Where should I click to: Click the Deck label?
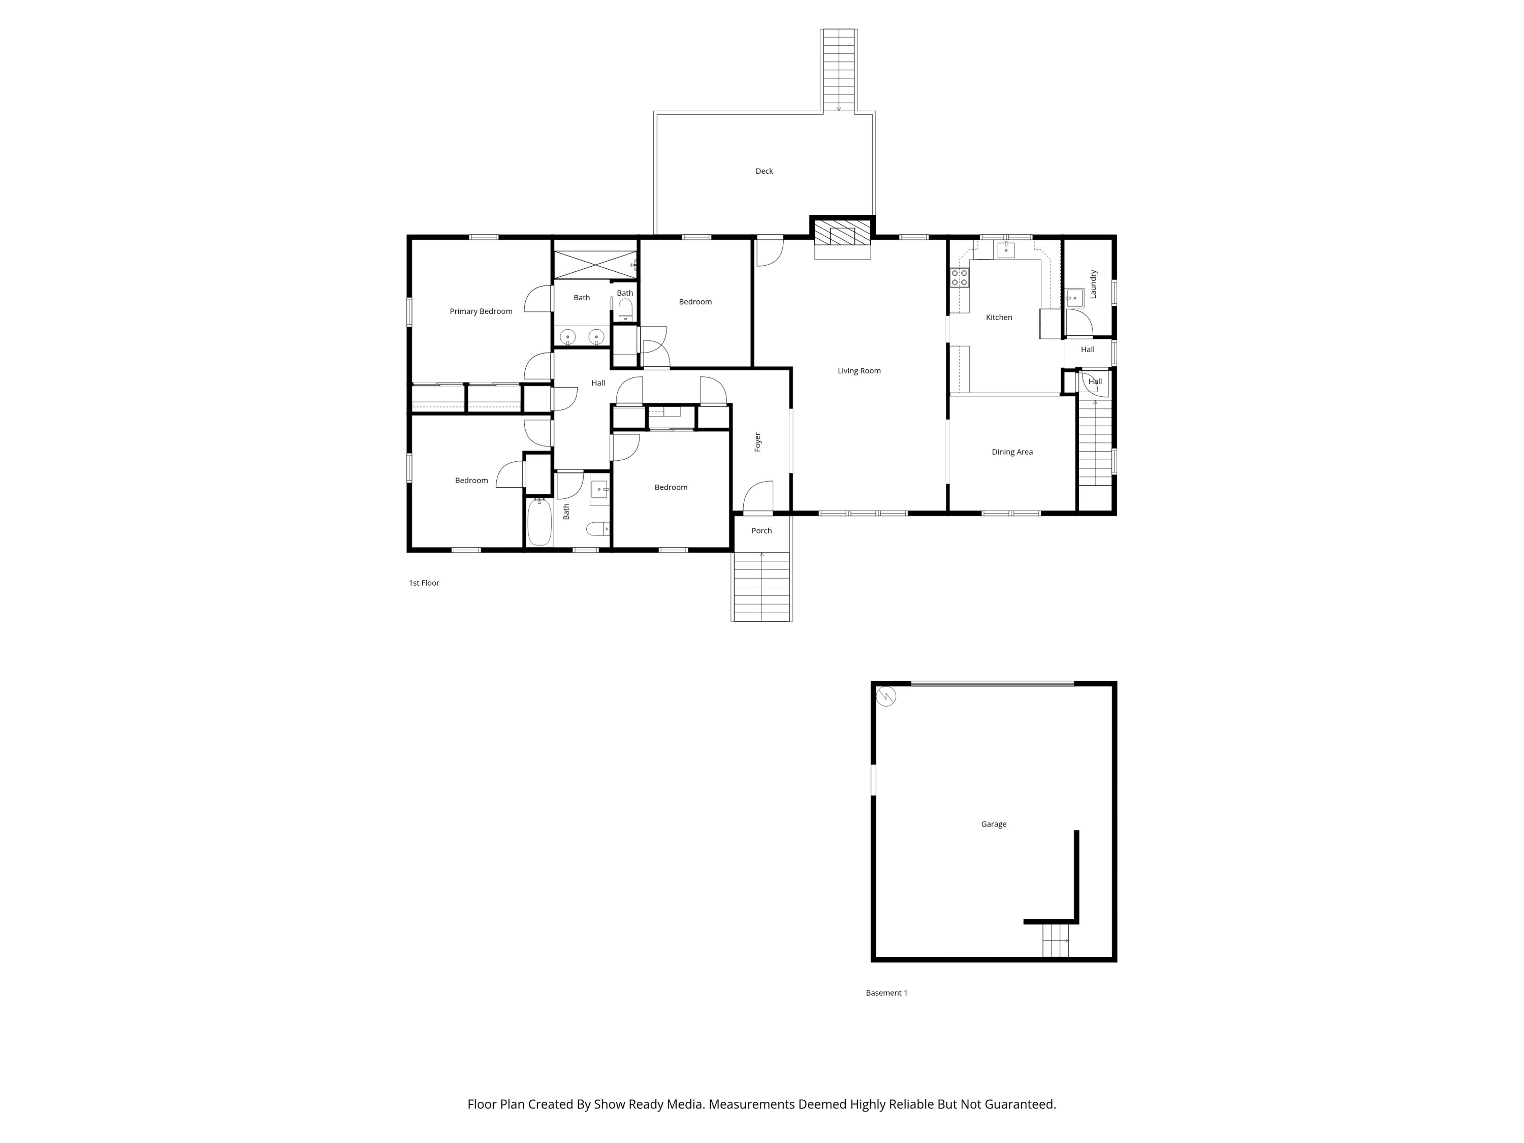[764, 171]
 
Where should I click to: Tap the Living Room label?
[859, 371]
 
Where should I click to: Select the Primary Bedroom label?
[481, 311]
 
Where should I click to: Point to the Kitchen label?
[999, 317]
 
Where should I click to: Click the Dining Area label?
[1012, 452]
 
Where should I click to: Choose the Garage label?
[994, 824]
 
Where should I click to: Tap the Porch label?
[761, 530]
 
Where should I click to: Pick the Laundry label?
[1093, 284]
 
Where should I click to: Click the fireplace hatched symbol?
[842, 232]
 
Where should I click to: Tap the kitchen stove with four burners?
[960, 278]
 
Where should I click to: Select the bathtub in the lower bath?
[539, 522]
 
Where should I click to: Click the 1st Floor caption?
[424, 583]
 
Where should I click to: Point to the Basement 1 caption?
[886, 993]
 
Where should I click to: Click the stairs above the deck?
[839, 70]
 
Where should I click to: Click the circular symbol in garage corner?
[886, 696]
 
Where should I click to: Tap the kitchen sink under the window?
[1006, 250]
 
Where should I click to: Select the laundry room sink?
[1074, 298]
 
